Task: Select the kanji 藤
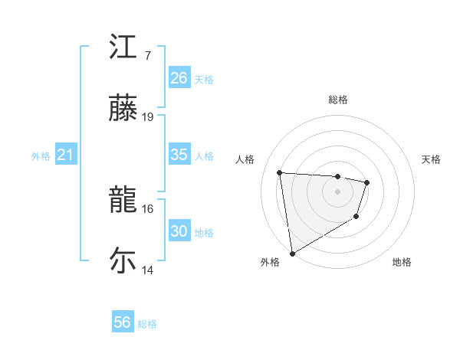(123, 109)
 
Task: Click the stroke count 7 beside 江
(147, 56)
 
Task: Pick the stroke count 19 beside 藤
(148, 117)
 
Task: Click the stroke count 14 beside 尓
(148, 270)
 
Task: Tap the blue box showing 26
(179, 78)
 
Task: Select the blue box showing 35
(179, 155)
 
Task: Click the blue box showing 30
(179, 231)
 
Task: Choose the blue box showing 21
(66, 155)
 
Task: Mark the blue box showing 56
(123, 322)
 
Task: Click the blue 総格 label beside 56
(147, 324)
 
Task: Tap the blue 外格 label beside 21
(41, 156)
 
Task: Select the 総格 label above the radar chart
(338, 100)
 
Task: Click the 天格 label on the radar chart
(432, 159)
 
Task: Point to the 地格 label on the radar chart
(402, 262)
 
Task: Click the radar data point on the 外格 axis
(292, 253)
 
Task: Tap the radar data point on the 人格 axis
(280, 172)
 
